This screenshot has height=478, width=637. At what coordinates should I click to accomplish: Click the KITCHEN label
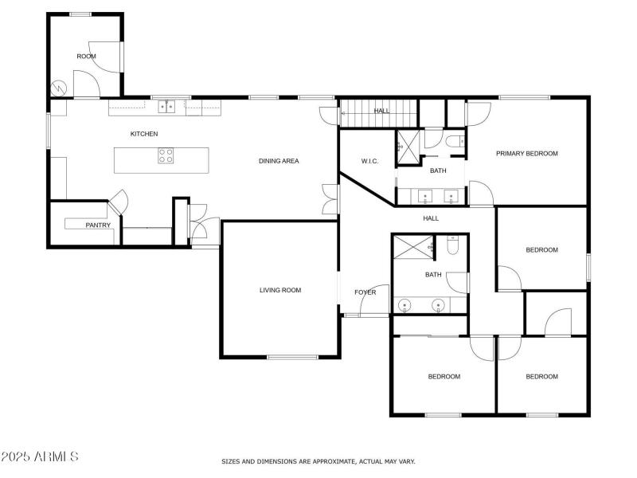coord(144,134)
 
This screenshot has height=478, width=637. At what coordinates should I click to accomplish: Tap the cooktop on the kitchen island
coord(166,156)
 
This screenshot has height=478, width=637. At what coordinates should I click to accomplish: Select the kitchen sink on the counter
coord(166,104)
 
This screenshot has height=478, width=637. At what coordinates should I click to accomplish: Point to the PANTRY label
coord(97,225)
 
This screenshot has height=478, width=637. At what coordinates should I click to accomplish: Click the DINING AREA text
coord(279,161)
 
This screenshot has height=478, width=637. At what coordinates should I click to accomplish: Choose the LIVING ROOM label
coord(280,290)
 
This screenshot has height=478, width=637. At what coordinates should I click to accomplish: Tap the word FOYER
coord(365,292)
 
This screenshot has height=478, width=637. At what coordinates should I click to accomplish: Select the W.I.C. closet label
coord(369,162)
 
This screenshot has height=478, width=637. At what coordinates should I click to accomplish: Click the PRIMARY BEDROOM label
coord(527,154)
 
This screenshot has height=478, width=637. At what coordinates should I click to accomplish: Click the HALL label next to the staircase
coord(382,111)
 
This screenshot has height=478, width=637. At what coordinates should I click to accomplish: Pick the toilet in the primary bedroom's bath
coord(455,142)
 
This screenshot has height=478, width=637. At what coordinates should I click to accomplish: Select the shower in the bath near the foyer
coord(412,248)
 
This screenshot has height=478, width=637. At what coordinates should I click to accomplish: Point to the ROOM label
coord(86,57)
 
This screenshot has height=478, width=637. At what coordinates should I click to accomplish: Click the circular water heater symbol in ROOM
coord(57,88)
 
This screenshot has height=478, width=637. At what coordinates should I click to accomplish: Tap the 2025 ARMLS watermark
coord(40,457)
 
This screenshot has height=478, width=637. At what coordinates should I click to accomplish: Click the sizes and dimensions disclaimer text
coord(318,461)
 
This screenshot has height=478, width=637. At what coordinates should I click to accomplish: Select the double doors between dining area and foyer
coord(329,199)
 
